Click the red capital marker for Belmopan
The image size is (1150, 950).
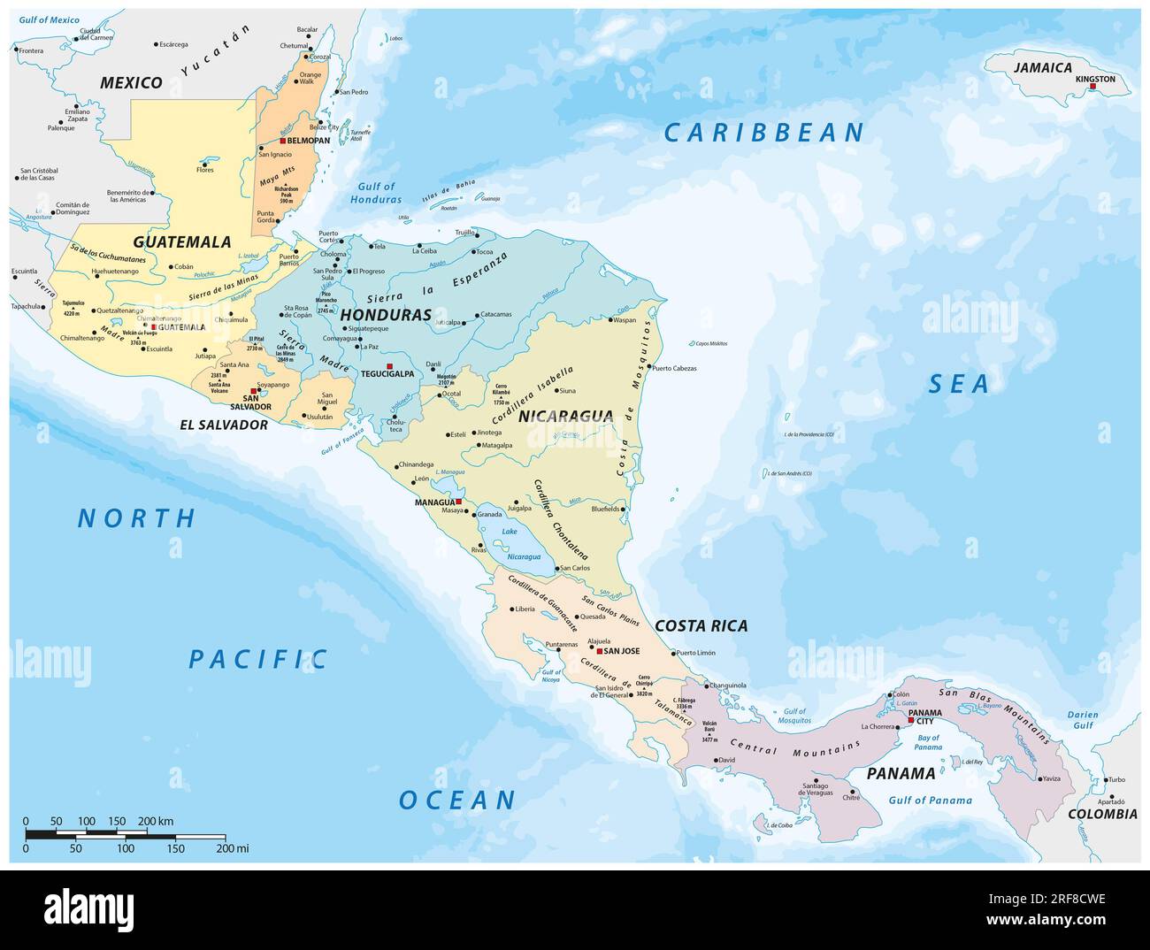282,141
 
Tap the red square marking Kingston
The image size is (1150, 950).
1093,86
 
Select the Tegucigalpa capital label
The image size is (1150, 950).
386,374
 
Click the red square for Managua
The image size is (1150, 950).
458,502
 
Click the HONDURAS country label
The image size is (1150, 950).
386,314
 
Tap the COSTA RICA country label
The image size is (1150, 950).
701,625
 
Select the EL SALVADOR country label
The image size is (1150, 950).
224,425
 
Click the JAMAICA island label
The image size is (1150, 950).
1043,67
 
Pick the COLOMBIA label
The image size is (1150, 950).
1101,814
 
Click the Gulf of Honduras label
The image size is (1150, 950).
377,193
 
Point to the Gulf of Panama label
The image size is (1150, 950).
932,801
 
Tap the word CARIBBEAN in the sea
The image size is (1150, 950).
764,133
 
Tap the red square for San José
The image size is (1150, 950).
599,651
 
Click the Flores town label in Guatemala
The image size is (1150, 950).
205,170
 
